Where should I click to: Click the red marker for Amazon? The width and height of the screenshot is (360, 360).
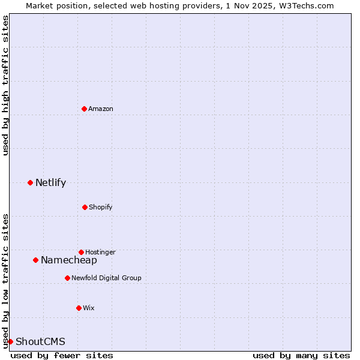point(84,109)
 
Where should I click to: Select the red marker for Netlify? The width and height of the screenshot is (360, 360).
point(30,182)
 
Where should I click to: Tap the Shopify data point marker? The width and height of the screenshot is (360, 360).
point(85,207)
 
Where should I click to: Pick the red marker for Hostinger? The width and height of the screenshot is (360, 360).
point(81,252)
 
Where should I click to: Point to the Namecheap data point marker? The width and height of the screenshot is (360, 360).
point(35,260)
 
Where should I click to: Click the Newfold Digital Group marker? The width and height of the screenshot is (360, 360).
point(67,278)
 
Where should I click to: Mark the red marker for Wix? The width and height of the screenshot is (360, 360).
point(79,308)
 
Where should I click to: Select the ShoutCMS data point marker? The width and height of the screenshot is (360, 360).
point(10,341)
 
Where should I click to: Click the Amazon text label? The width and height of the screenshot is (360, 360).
point(101,109)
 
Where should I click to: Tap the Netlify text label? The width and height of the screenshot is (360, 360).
point(50,182)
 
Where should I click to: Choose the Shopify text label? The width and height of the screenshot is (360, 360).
point(100,207)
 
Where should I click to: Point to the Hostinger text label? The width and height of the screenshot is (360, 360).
point(100,252)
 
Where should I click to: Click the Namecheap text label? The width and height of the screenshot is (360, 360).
point(69,260)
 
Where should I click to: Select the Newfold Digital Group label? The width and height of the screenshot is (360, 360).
point(106,278)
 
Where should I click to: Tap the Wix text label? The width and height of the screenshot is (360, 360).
point(89,308)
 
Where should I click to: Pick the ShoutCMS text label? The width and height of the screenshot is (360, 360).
point(40,341)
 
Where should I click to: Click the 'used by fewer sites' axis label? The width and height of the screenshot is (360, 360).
point(62,355)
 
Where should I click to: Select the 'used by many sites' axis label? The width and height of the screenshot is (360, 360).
point(301,355)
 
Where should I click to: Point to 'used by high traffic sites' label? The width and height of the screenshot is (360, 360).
point(5,85)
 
